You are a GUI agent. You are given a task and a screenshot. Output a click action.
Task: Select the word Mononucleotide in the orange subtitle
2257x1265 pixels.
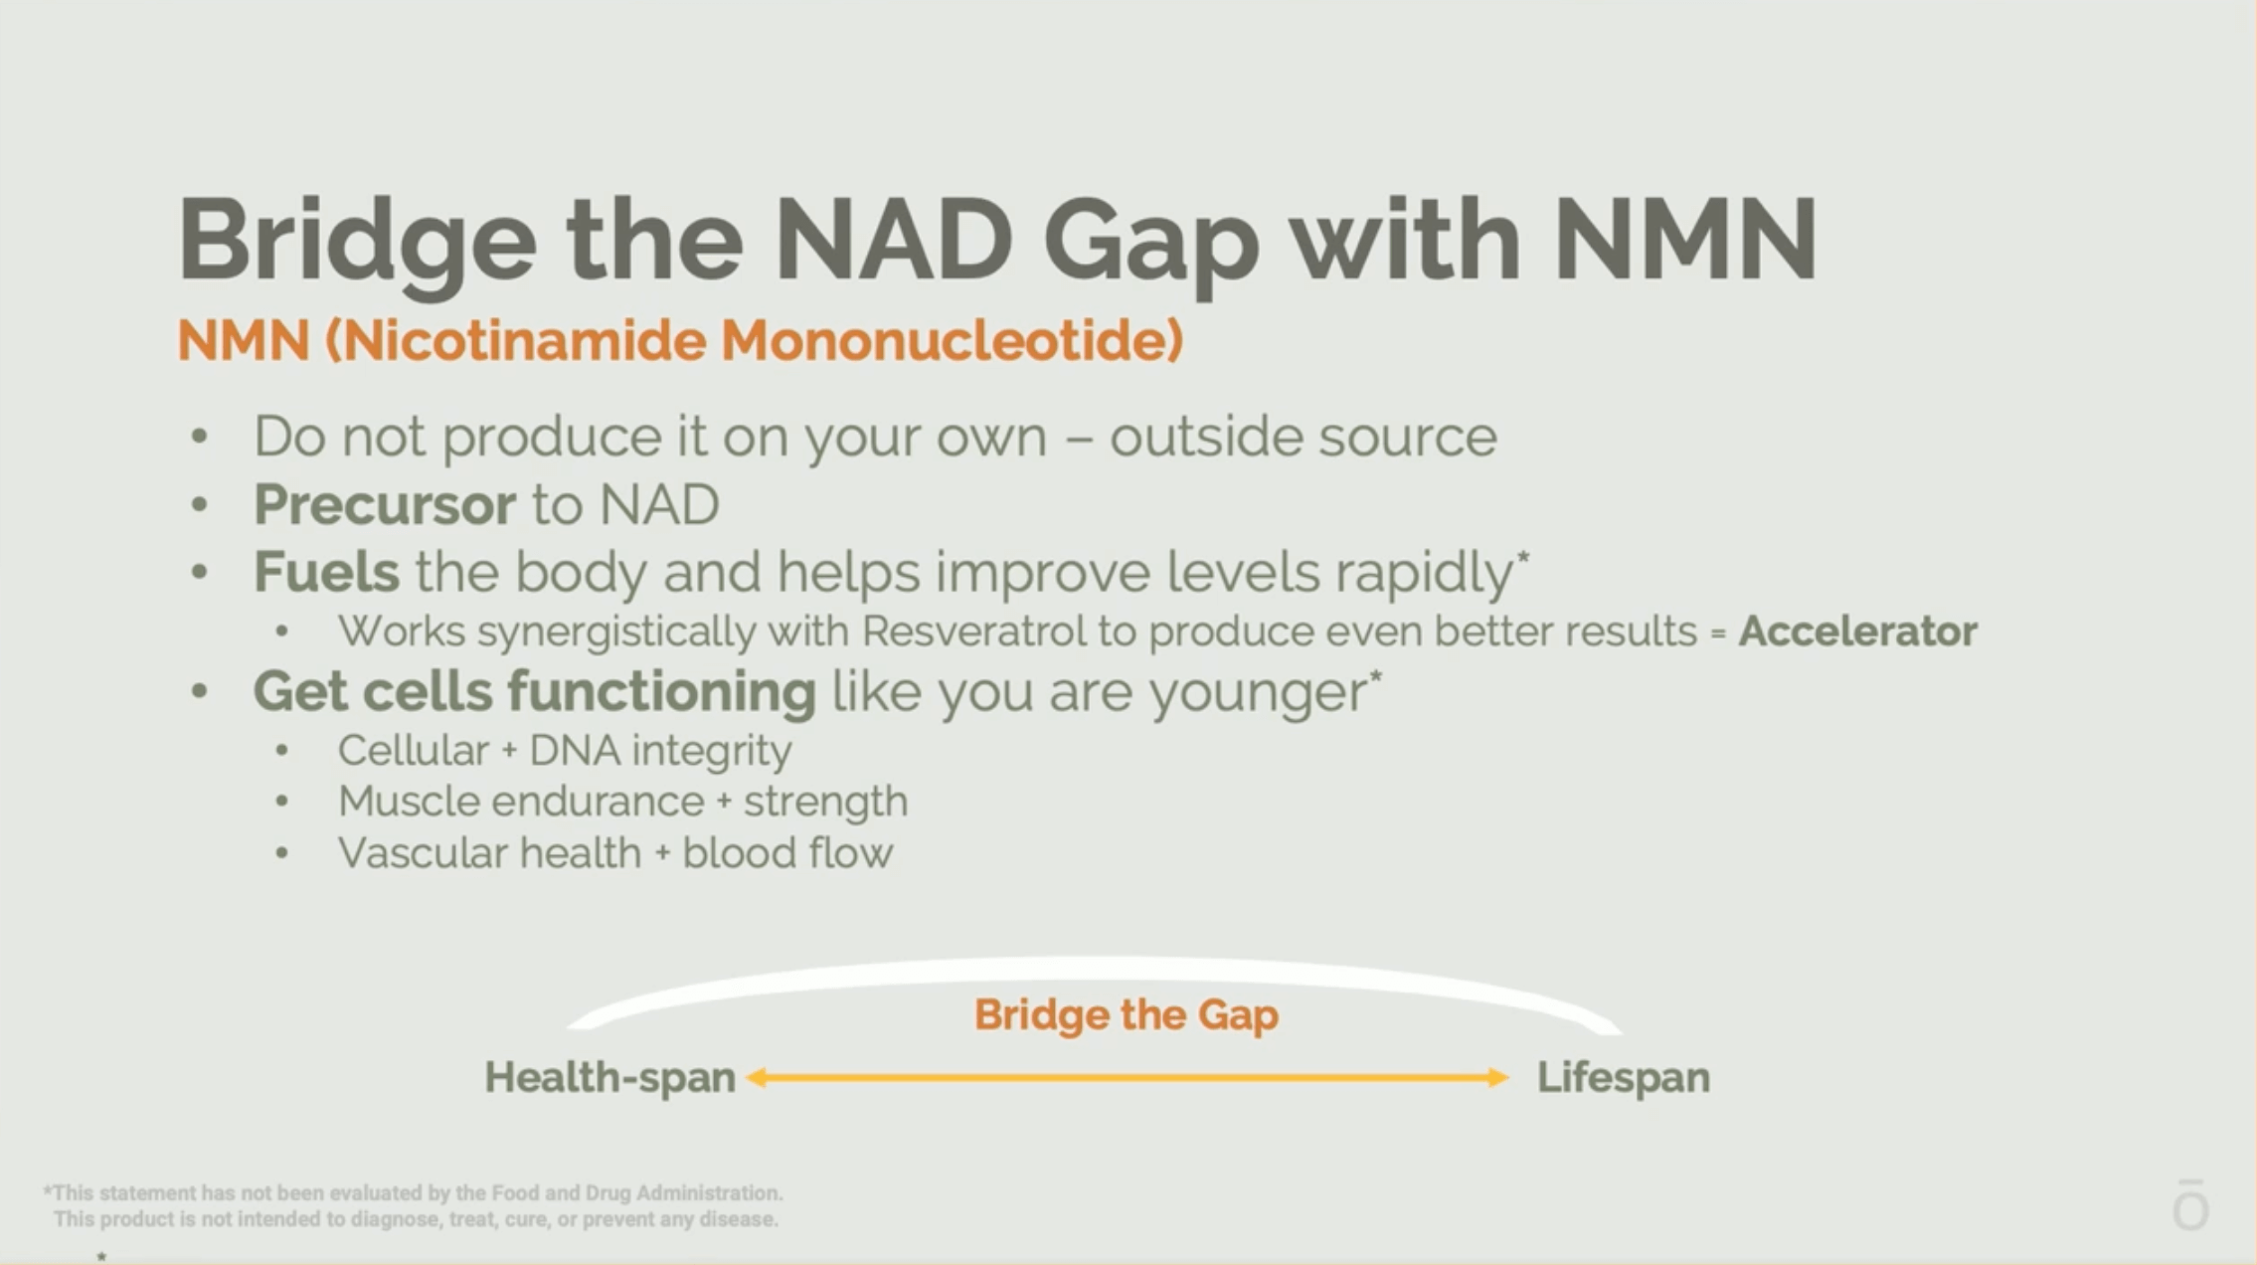coord(952,341)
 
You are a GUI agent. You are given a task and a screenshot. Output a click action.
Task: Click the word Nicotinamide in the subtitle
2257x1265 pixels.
coord(516,341)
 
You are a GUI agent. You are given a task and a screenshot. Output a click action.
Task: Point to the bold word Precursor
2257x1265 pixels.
coord(384,505)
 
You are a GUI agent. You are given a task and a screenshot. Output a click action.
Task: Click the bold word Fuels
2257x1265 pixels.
coord(326,572)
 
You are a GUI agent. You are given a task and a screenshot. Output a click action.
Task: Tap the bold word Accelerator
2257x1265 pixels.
coord(1857,632)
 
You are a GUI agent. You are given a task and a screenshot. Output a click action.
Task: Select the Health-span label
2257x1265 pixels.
coord(609,1078)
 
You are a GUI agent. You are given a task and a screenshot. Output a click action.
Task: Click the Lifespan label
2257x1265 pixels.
coord(1624,1078)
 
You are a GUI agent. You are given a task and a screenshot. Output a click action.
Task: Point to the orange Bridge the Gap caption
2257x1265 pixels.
coord(1127,1015)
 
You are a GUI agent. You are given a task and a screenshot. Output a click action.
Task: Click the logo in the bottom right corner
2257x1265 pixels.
coord(2190,1204)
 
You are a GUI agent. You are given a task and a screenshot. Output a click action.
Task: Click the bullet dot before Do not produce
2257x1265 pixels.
coord(200,438)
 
